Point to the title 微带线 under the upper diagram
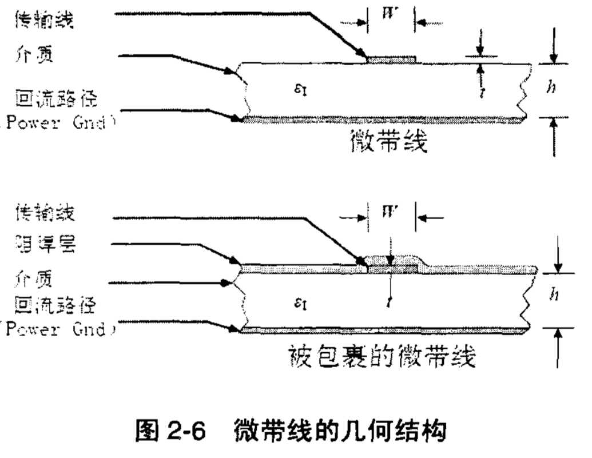coord(388,142)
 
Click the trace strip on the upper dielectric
coord(391,59)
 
